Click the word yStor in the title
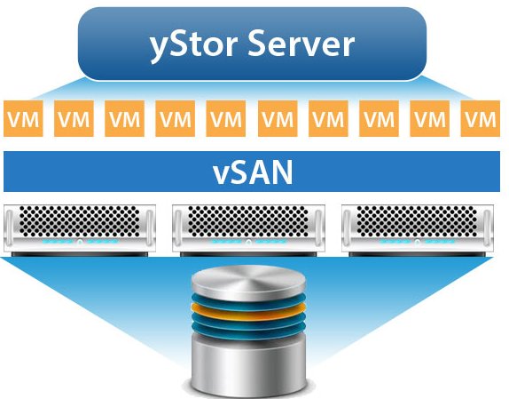pos(192,44)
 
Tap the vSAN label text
pos(253,172)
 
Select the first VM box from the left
pos(23,118)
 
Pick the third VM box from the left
pos(125,118)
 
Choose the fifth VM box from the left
pos(226,118)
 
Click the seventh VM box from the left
pos(328,118)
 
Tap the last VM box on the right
pos(481,118)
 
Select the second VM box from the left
pos(74,118)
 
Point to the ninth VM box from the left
pos(430,118)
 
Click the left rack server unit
pos(80,230)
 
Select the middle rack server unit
pos(248,230)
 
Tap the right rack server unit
pos(418,230)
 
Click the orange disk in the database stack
pos(248,312)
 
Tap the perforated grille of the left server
pos(80,221)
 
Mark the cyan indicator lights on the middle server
pos(248,242)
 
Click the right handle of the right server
pos(487,228)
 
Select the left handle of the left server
pos(10,228)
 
